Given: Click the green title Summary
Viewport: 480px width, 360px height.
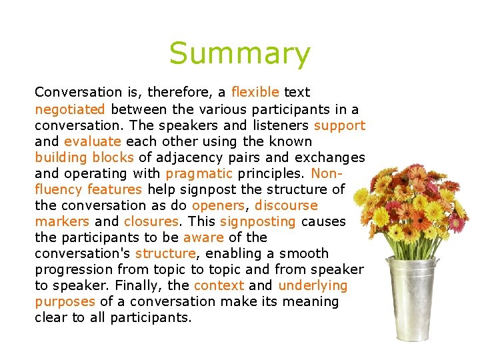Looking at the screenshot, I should point(239,54).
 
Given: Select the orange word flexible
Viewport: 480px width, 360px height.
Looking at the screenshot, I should point(255,92).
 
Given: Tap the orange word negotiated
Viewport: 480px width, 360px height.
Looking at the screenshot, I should point(70,109).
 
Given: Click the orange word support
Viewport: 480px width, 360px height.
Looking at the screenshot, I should point(339,125).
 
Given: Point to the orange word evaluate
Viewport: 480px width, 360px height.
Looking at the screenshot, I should point(93,141).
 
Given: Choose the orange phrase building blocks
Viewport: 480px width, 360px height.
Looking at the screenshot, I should point(85,157).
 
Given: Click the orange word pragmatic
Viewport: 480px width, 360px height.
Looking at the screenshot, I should point(199,173).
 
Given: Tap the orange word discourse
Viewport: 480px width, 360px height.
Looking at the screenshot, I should point(286,205).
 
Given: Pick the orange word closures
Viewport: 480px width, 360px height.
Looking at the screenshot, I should point(151,221).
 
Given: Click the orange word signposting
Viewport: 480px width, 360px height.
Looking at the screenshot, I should point(257,221).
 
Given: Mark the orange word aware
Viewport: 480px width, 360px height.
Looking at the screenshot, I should point(203,237).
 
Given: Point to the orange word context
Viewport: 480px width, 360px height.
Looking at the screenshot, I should point(219,285).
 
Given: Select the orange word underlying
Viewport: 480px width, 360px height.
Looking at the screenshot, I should point(313,285).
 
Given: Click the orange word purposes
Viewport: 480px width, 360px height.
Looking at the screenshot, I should point(65,301).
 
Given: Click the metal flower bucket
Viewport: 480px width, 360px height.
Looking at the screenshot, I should point(411,297).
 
